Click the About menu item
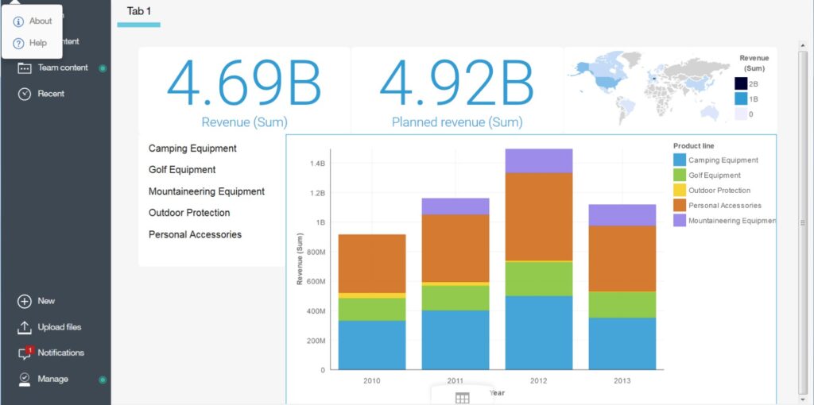(40, 21)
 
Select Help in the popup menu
(37, 43)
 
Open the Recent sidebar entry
(50, 94)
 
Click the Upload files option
(59, 327)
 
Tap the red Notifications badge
(29, 349)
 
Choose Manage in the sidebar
(52, 379)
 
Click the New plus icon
(25, 301)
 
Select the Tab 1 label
(139, 11)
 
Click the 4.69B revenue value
(244, 83)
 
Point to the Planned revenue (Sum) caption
(457, 122)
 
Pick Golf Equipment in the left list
(182, 170)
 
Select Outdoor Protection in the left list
(189, 213)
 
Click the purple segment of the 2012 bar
(539, 160)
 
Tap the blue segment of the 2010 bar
(372, 345)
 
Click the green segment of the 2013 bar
(622, 304)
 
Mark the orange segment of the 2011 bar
(455, 248)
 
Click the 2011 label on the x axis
(455, 381)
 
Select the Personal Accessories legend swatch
(679, 206)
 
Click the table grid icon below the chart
(462, 398)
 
